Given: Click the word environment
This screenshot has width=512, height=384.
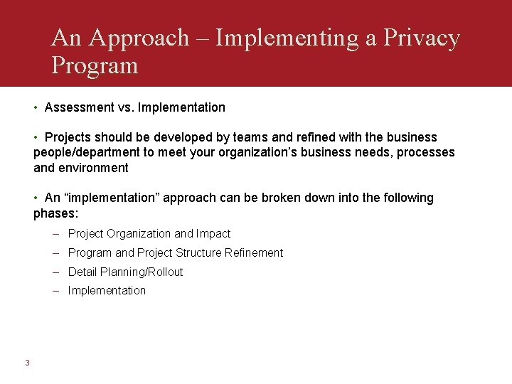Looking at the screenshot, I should pos(92,168).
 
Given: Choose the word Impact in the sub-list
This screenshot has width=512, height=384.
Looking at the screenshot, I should pos(213,233).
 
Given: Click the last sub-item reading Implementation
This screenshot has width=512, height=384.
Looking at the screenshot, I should pos(107,290).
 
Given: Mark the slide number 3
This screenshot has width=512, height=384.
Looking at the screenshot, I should pos(27,363).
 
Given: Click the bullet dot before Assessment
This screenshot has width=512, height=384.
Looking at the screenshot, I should pos(36,107).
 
